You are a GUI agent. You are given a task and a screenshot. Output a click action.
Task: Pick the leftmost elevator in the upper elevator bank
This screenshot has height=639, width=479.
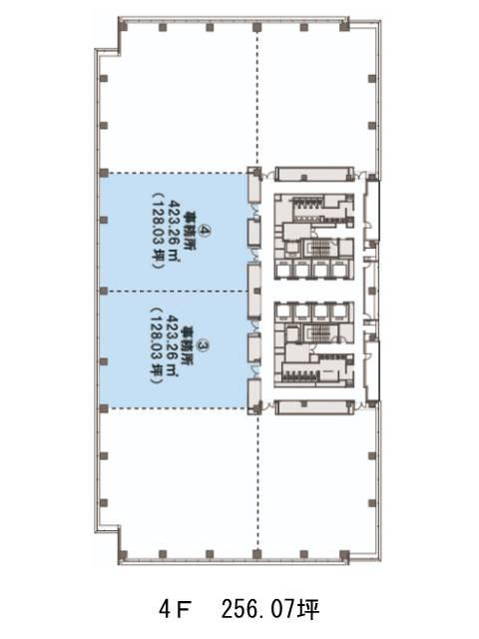283,270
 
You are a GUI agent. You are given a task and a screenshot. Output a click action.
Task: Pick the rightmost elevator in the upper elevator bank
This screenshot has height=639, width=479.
339,270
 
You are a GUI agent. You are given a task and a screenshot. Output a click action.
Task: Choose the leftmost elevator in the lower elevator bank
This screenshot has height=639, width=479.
283,312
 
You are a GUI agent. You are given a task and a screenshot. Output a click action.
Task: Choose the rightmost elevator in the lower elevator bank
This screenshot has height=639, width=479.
339,312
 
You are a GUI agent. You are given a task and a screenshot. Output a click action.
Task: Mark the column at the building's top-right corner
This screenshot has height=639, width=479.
344,27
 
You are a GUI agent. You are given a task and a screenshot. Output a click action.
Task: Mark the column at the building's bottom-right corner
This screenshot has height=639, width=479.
344,555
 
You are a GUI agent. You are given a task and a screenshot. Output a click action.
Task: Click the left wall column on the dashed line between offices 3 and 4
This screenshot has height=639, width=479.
104,291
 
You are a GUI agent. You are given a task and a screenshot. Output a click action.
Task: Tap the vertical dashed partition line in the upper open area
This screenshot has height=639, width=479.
257,99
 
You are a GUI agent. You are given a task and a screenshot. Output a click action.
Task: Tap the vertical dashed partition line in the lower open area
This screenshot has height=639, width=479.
257,482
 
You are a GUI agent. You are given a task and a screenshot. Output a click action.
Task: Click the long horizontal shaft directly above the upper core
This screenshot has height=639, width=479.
314,174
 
